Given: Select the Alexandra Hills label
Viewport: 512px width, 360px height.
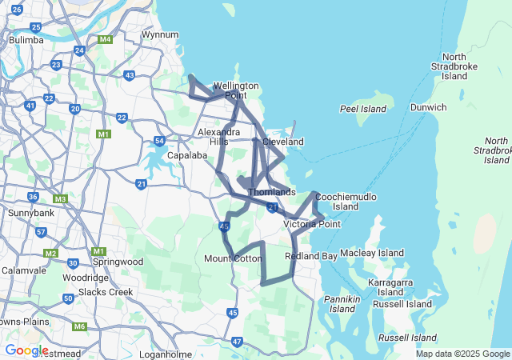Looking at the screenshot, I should [x=218, y=136].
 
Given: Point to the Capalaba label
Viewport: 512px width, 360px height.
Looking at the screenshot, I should [x=187, y=155].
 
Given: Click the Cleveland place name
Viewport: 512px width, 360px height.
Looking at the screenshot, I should [x=283, y=142].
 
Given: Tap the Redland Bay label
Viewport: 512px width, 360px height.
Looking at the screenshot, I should [x=310, y=256].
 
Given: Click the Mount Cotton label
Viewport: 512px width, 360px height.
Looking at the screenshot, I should [x=233, y=258].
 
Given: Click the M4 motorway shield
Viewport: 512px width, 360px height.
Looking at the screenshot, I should [x=105, y=38].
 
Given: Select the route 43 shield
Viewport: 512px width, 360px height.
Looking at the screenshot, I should [x=130, y=75].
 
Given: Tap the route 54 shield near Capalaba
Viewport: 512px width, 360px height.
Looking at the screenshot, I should [x=159, y=142].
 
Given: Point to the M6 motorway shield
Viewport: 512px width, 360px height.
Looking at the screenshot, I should [x=78, y=326].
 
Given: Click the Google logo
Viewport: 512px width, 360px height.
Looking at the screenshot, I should [x=26, y=350].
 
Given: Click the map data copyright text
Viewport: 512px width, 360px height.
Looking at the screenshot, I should [x=462, y=354].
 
